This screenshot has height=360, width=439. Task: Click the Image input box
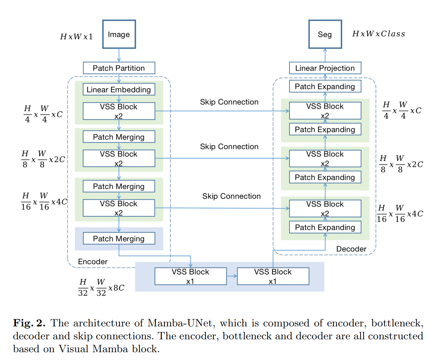tap(119, 34)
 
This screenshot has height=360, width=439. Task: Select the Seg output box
tap(325, 34)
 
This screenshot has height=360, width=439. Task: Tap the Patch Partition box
tap(119, 68)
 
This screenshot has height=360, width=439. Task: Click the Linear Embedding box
tap(119, 89)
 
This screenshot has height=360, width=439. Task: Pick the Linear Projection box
tap(325, 68)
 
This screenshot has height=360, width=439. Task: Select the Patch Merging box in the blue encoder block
tap(119, 238)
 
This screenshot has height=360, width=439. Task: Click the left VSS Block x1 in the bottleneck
tap(191, 276)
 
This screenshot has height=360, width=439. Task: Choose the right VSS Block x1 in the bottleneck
tap(273, 276)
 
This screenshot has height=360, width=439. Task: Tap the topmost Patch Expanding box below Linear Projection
tap(325, 86)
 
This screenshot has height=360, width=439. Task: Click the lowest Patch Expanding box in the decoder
tap(325, 227)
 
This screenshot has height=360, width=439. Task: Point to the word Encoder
tap(93, 262)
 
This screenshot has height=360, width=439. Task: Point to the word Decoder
tap(351, 249)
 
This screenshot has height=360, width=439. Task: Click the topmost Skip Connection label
tap(229, 102)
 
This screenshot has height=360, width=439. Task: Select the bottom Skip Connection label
tap(231, 196)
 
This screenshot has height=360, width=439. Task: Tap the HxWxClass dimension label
tap(379, 34)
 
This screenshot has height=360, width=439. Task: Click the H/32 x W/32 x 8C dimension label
tap(101, 287)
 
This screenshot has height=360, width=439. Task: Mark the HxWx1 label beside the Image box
tap(76, 36)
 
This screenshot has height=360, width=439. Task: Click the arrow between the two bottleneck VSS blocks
tap(232, 276)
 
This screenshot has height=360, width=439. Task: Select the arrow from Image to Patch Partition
tap(119, 55)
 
